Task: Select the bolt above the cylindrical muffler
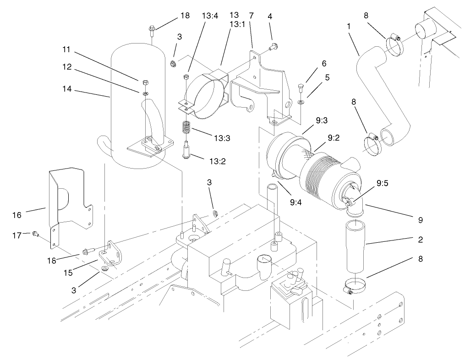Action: pyautogui.click(x=152, y=31)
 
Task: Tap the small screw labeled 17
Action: pyautogui.click(x=35, y=235)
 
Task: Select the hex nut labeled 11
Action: pyautogui.click(x=144, y=82)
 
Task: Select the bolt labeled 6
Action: pyautogui.click(x=300, y=87)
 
